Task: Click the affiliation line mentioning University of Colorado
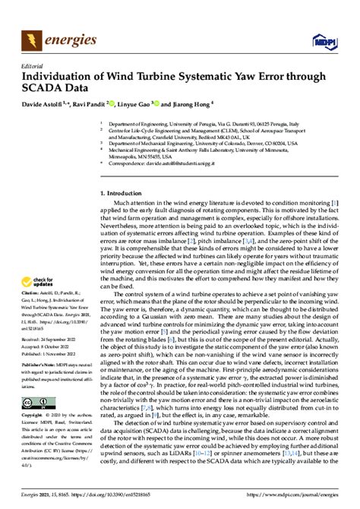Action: coord(213,142)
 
